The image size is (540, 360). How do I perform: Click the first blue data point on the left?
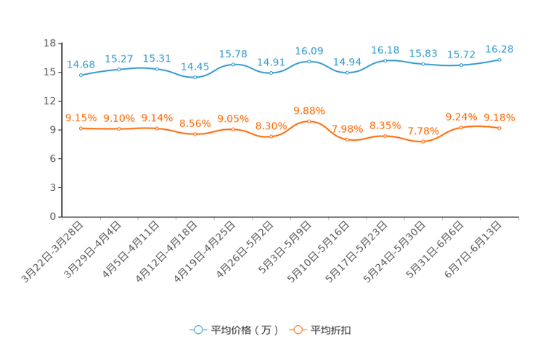click(x=81, y=75)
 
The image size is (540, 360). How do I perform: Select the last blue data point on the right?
click(x=499, y=60)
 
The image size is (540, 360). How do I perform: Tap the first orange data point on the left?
click(x=81, y=128)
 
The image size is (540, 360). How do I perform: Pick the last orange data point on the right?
click(x=499, y=128)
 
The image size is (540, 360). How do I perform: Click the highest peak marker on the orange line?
click(x=309, y=121)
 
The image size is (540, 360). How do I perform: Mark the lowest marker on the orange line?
click(x=423, y=142)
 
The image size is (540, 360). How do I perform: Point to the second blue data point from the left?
click(x=118, y=69)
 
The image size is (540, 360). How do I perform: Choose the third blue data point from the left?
click(x=157, y=69)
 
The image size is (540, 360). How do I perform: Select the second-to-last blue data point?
click(x=462, y=65)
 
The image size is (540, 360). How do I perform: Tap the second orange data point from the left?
click(x=118, y=128)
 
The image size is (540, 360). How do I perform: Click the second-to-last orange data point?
click(x=462, y=128)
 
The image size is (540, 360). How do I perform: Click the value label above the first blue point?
click(x=81, y=65)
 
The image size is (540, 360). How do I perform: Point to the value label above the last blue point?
click(x=499, y=49)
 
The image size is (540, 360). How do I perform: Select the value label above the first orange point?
click(x=81, y=118)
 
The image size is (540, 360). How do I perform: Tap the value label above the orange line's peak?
click(x=309, y=111)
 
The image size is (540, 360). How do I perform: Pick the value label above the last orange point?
click(x=499, y=118)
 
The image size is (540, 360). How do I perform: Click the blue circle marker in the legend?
click(x=198, y=330)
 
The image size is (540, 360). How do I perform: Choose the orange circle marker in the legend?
click(x=298, y=330)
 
